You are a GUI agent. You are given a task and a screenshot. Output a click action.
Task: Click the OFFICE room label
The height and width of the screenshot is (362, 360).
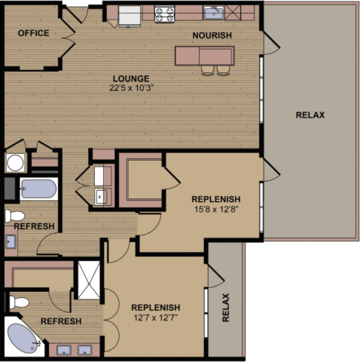[x=33, y=33]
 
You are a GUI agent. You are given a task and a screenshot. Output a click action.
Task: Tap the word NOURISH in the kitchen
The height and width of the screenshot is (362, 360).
[x=212, y=35]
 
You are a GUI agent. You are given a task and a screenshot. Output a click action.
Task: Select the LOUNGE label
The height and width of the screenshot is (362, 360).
[x=131, y=78]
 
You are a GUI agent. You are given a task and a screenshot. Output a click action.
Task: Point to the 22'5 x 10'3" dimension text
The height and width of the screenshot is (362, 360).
[x=131, y=87]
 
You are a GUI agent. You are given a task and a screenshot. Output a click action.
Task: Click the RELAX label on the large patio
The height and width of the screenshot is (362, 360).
[x=310, y=115]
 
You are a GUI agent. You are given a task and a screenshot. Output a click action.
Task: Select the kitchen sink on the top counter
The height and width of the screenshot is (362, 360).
[x=213, y=11]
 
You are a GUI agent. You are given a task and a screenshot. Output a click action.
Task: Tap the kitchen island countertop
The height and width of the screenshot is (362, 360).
[x=205, y=56]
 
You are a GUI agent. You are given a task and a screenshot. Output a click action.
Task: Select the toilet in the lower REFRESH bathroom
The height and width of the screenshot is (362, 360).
[x=21, y=302]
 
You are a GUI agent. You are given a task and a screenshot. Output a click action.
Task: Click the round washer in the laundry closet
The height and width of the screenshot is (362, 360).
[x=15, y=163]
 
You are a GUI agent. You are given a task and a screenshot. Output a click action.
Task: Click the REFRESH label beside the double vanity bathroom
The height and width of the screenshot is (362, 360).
[x=60, y=322]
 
